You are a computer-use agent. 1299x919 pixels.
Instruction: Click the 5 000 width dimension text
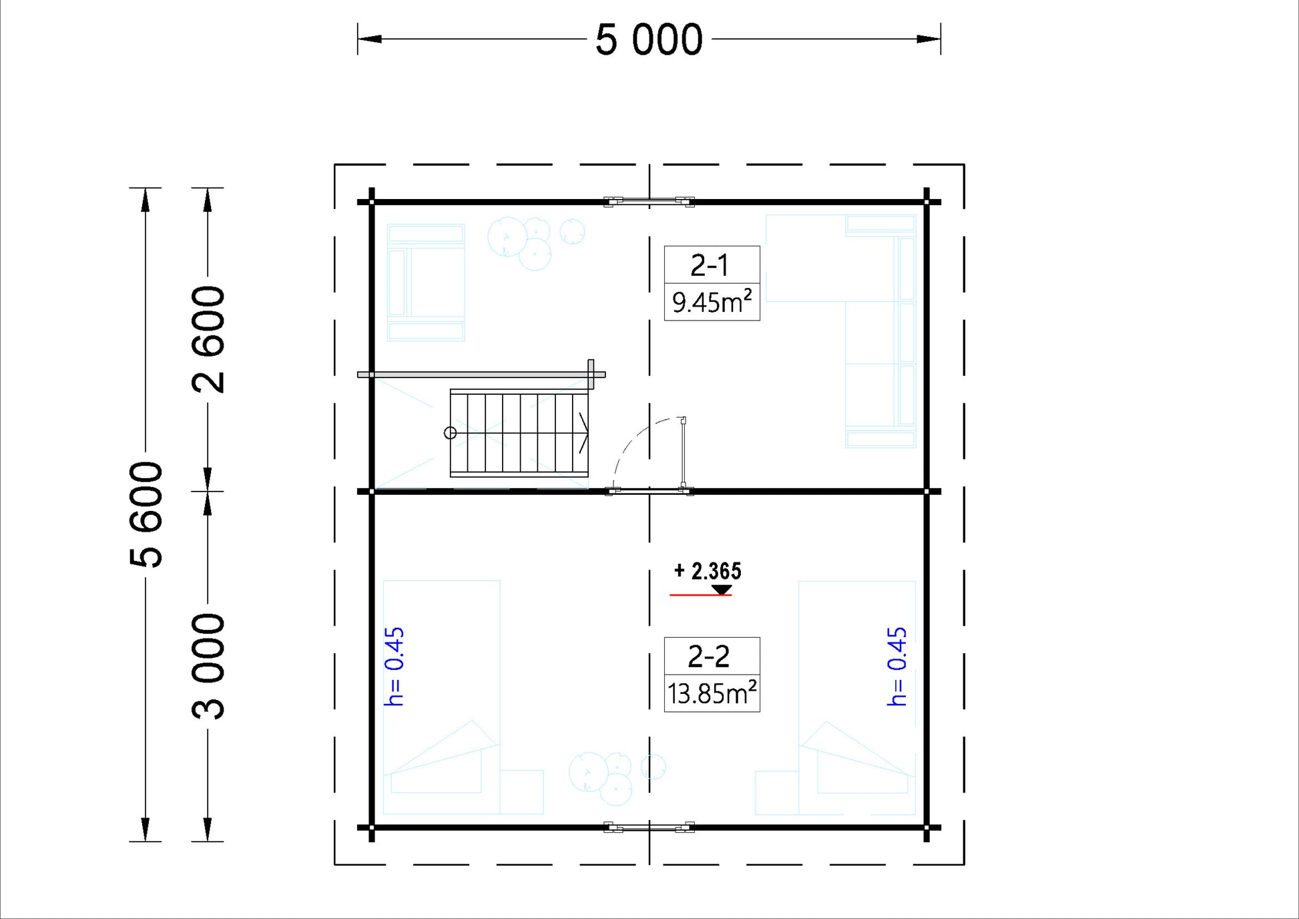(x=649, y=39)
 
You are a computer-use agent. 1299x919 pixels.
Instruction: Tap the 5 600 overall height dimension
(x=146, y=514)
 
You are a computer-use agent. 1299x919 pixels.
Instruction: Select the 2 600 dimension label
(x=208, y=339)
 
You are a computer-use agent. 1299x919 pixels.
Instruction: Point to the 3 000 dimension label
(x=208, y=667)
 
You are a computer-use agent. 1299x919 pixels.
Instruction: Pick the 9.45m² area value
(x=712, y=302)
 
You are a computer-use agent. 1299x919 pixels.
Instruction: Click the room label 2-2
(x=709, y=657)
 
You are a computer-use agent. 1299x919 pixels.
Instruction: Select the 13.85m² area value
(x=712, y=693)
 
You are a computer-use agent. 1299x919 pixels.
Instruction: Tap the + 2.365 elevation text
(x=708, y=571)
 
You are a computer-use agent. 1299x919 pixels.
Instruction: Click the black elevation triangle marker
(x=722, y=589)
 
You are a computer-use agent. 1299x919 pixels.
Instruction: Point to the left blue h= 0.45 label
(x=395, y=666)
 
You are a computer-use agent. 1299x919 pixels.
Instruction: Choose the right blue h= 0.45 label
(x=897, y=666)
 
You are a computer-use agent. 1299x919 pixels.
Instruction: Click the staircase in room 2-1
(x=519, y=433)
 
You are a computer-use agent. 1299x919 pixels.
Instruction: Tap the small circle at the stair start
(x=451, y=433)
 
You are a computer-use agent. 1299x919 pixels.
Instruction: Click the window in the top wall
(x=649, y=201)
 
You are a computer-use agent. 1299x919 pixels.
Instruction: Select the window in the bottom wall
(x=649, y=828)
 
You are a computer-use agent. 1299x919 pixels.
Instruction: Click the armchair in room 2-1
(x=426, y=283)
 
